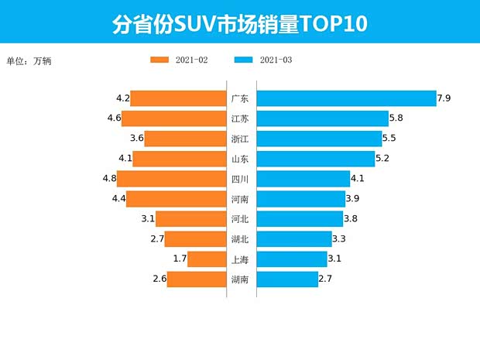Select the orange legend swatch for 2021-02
point(160,60)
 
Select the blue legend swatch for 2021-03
point(243,60)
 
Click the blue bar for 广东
point(346,98)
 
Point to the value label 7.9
point(444,98)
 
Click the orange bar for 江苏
point(173,118)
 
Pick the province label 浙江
point(240,139)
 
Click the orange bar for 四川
point(171,179)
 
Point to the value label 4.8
point(108,179)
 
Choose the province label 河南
point(240,199)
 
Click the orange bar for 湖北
point(195,239)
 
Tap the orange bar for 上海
point(206,259)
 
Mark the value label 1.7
point(180,259)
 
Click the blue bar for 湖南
point(287,279)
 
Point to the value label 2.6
point(159,279)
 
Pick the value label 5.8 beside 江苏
point(396,118)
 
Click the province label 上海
point(240,259)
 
